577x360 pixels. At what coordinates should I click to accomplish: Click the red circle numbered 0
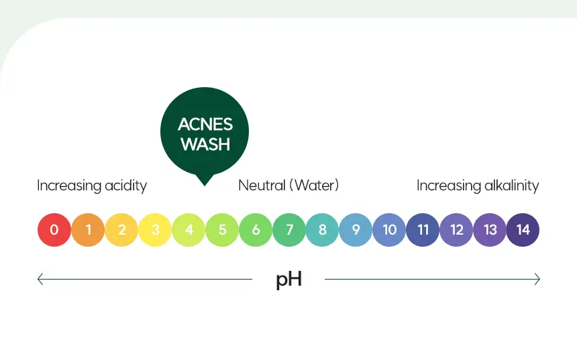pyautogui.click(x=54, y=230)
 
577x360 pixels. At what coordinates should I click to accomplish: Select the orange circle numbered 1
pyautogui.click(x=88, y=230)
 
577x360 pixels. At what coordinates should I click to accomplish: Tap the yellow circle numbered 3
pyautogui.click(x=155, y=230)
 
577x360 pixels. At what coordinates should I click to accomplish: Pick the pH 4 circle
pyautogui.click(x=189, y=230)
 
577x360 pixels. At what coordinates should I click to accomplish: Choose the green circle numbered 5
pyautogui.click(x=222, y=230)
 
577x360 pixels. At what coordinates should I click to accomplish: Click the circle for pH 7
pyautogui.click(x=289, y=230)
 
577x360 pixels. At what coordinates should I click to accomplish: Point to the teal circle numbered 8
pyautogui.click(x=322, y=230)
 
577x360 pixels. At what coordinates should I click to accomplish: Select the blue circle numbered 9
pyautogui.click(x=356, y=230)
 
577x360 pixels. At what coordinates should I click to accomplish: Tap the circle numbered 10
pyautogui.click(x=389, y=230)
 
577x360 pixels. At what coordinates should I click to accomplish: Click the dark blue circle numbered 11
pyautogui.click(x=423, y=230)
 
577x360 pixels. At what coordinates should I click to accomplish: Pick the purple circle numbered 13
pyautogui.click(x=490, y=230)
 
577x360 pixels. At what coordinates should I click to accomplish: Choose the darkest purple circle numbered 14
pyautogui.click(x=523, y=230)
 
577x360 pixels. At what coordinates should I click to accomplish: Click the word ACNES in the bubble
pyautogui.click(x=205, y=125)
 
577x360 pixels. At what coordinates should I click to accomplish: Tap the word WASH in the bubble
pyautogui.click(x=205, y=144)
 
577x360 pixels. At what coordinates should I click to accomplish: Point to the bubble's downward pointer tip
pyautogui.click(x=204, y=185)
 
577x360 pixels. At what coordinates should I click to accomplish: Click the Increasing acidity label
pyautogui.click(x=92, y=186)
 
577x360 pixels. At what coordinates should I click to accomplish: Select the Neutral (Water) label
pyautogui.click(x=288, y=185)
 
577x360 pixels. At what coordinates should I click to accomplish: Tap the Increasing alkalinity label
pyautogui.click(x=478, y=186)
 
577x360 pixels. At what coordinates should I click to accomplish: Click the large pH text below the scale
pyautogui.click(x=289, y=280)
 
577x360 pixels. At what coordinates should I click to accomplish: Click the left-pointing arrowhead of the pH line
pyautogui.click(x=40, y=279)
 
